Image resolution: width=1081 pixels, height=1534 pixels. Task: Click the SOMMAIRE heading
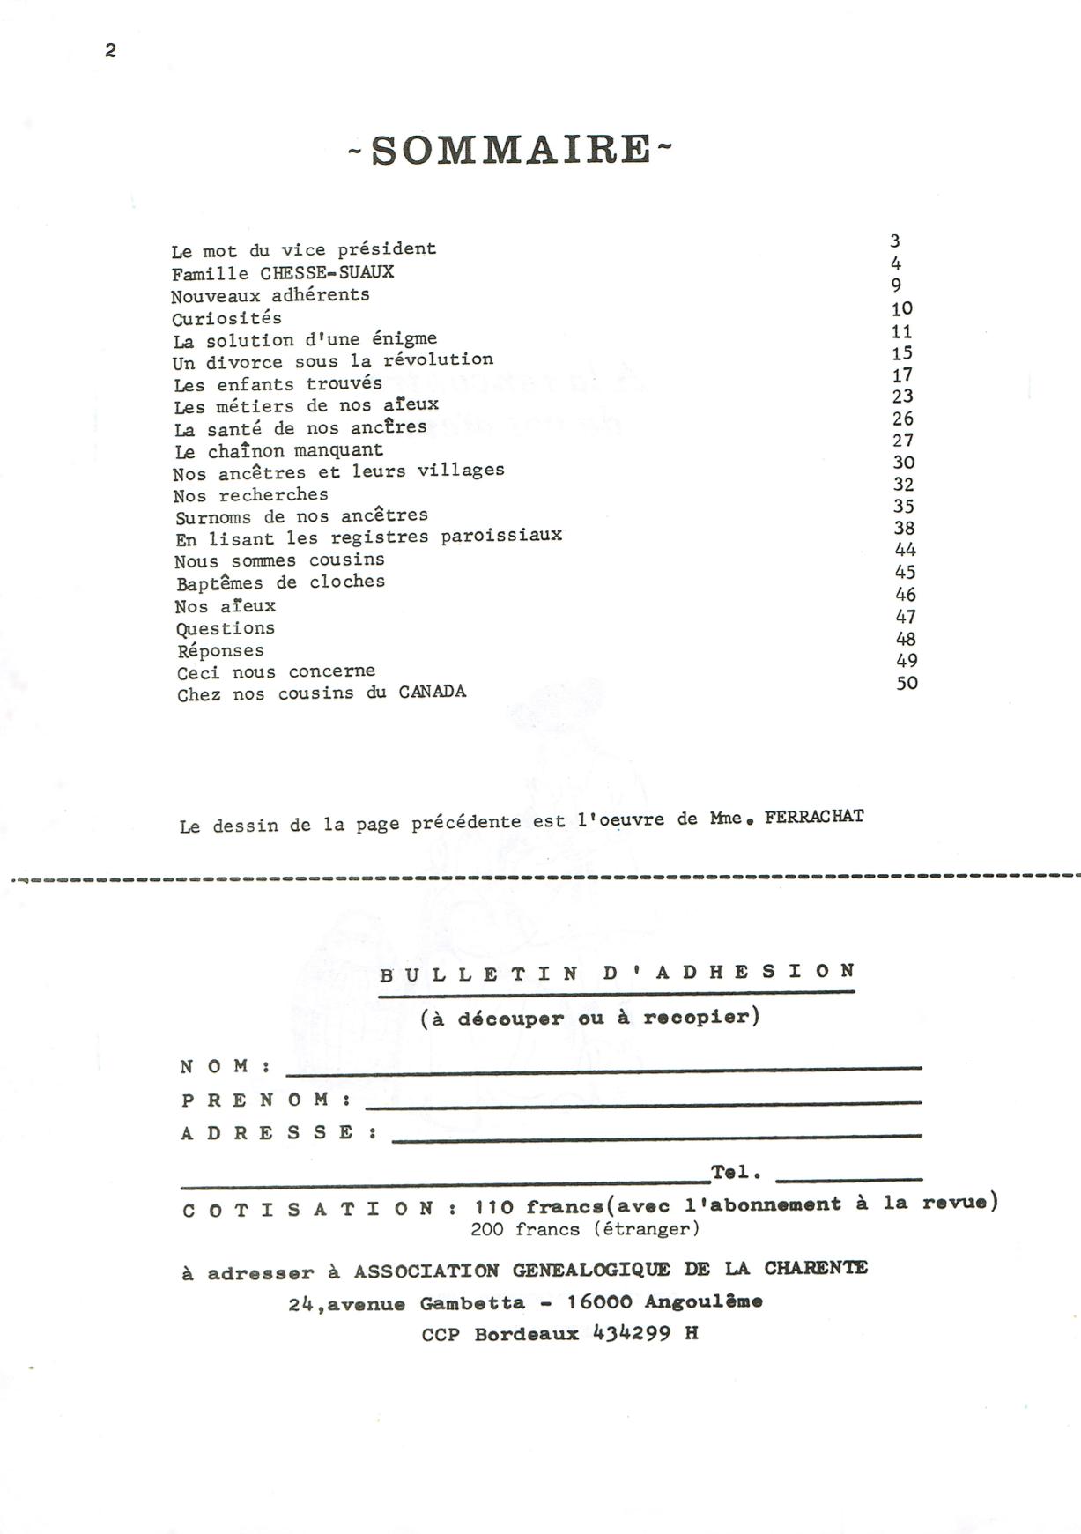(511, 150)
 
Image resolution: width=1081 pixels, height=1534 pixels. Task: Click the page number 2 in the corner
(110, 51)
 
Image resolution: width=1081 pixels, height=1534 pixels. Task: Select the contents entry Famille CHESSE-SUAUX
(283, 272)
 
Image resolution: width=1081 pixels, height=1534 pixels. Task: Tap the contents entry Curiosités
(226, 318)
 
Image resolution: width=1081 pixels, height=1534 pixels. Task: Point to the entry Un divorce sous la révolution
(332, 361)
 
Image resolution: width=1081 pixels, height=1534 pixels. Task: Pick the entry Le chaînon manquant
(278, 451)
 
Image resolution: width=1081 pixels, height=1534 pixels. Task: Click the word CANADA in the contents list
(432, 692)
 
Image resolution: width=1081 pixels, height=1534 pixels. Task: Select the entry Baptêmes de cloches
(280, 582)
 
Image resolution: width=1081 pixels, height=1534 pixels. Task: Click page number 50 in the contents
(907, 683)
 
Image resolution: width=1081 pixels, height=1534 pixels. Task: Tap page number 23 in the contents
(902, 396)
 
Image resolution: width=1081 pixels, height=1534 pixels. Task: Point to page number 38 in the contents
(904, 529)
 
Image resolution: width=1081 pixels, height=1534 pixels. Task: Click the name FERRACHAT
(814, 817)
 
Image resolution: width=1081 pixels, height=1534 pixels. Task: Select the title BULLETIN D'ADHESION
(617, 973)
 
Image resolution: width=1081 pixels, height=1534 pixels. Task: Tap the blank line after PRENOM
(643, 1102)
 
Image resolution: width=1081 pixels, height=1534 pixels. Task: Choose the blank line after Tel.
(849, 1176)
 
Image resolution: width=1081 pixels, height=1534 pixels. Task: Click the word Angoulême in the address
(704, 1301)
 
